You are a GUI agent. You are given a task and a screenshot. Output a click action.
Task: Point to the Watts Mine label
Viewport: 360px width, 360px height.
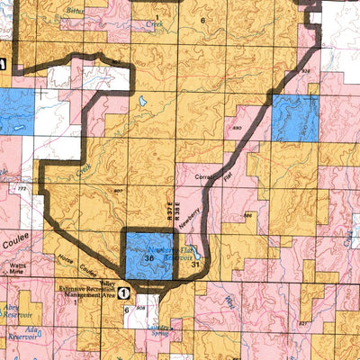click(17, 267)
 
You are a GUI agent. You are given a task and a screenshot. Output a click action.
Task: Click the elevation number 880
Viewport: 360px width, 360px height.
click(238, 129)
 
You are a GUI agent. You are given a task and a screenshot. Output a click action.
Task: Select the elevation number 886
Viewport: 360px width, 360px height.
click(247, 216)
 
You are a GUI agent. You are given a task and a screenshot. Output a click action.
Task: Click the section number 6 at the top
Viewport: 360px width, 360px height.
click(202, 19)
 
